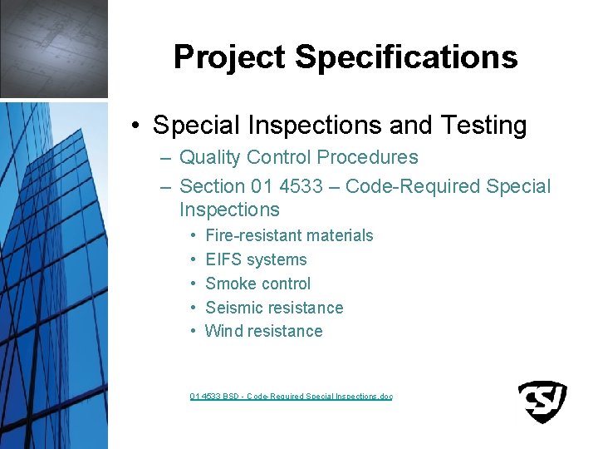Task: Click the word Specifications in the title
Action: coord(406,57)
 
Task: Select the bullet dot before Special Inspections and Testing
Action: coord(135,126)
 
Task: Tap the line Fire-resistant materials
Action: coord(289,235)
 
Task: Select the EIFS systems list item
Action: coord(256,259)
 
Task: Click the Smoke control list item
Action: coord(257,284)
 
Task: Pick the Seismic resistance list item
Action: coord(274,308)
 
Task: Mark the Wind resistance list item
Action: coord(263,331)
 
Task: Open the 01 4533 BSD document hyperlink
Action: coord(291,397)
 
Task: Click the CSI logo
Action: coord(542,402)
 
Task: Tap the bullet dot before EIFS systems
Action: coord(193,259)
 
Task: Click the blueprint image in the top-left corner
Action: coord(53,48)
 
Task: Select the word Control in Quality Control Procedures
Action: coord(282,157)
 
